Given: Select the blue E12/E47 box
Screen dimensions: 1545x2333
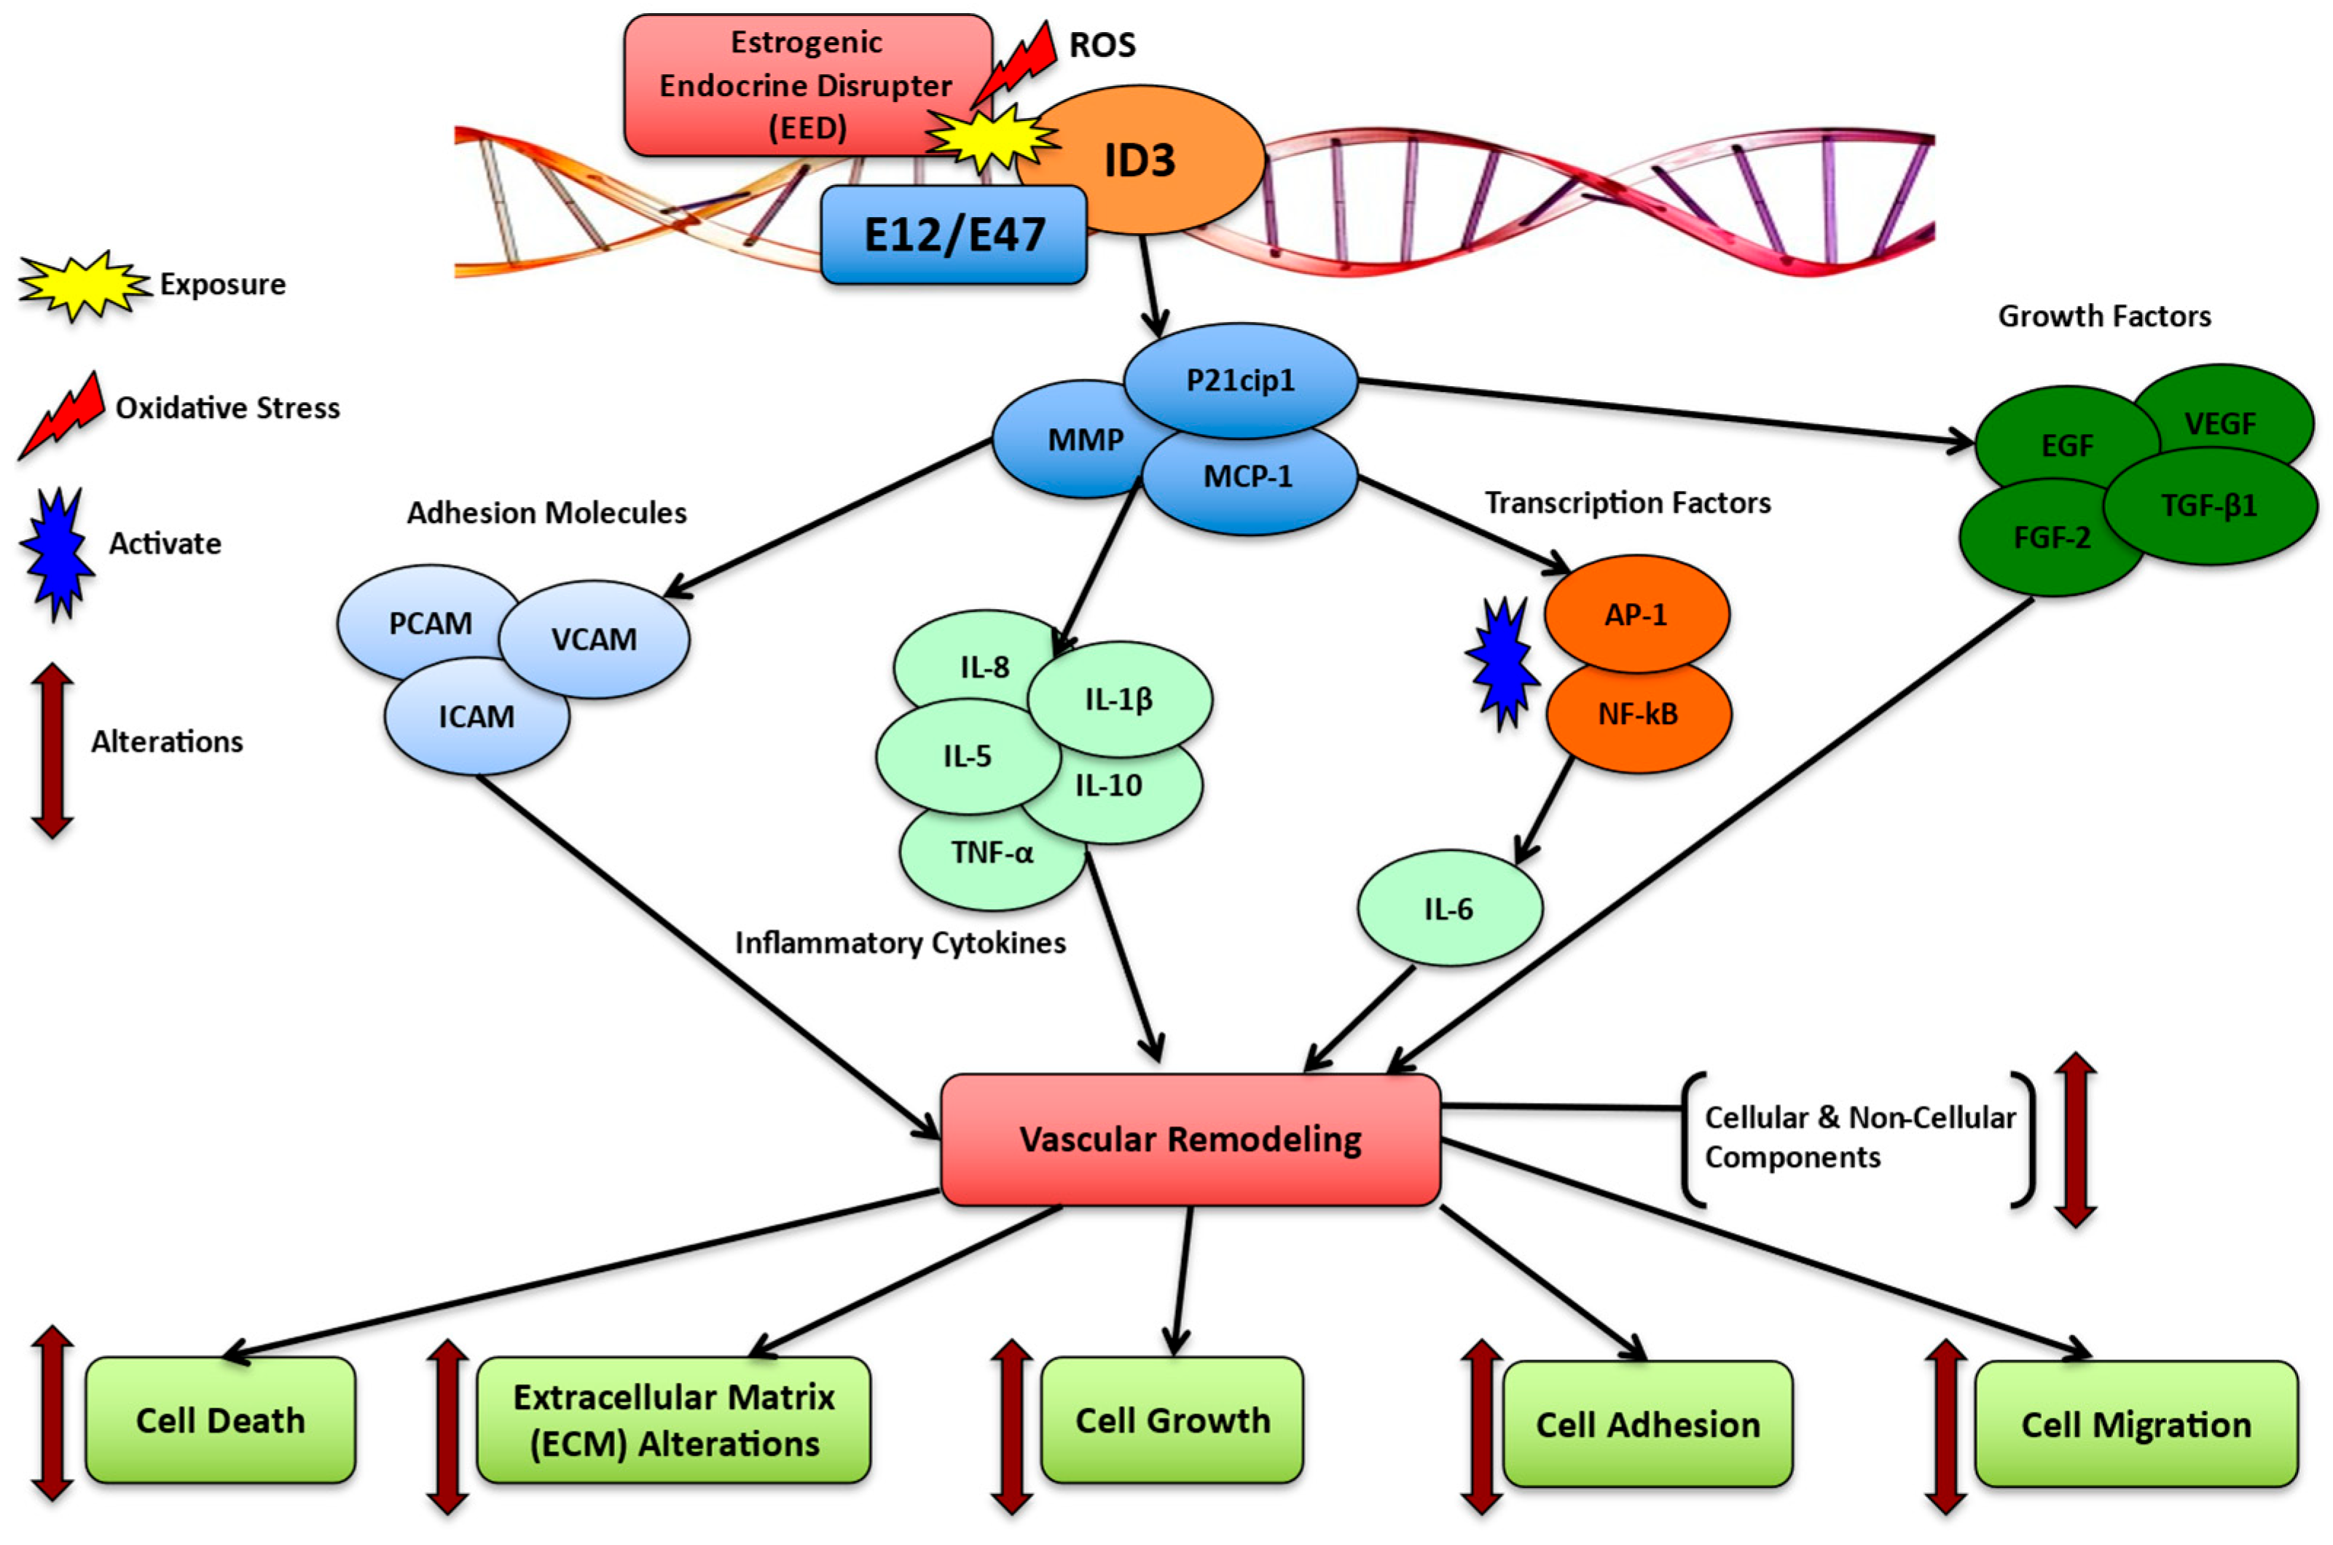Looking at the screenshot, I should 953,235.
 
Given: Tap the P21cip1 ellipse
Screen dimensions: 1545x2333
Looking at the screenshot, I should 1240,380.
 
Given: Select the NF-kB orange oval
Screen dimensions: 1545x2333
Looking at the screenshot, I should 1638,715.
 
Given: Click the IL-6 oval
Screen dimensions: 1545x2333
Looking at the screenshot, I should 1449,908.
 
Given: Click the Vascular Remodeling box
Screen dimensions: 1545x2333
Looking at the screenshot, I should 1191,1139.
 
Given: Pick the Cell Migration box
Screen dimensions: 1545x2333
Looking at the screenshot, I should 2135,1424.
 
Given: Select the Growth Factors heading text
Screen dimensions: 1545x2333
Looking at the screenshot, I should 2103,316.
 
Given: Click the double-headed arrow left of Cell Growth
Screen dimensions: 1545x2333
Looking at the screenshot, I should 1011,1425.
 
